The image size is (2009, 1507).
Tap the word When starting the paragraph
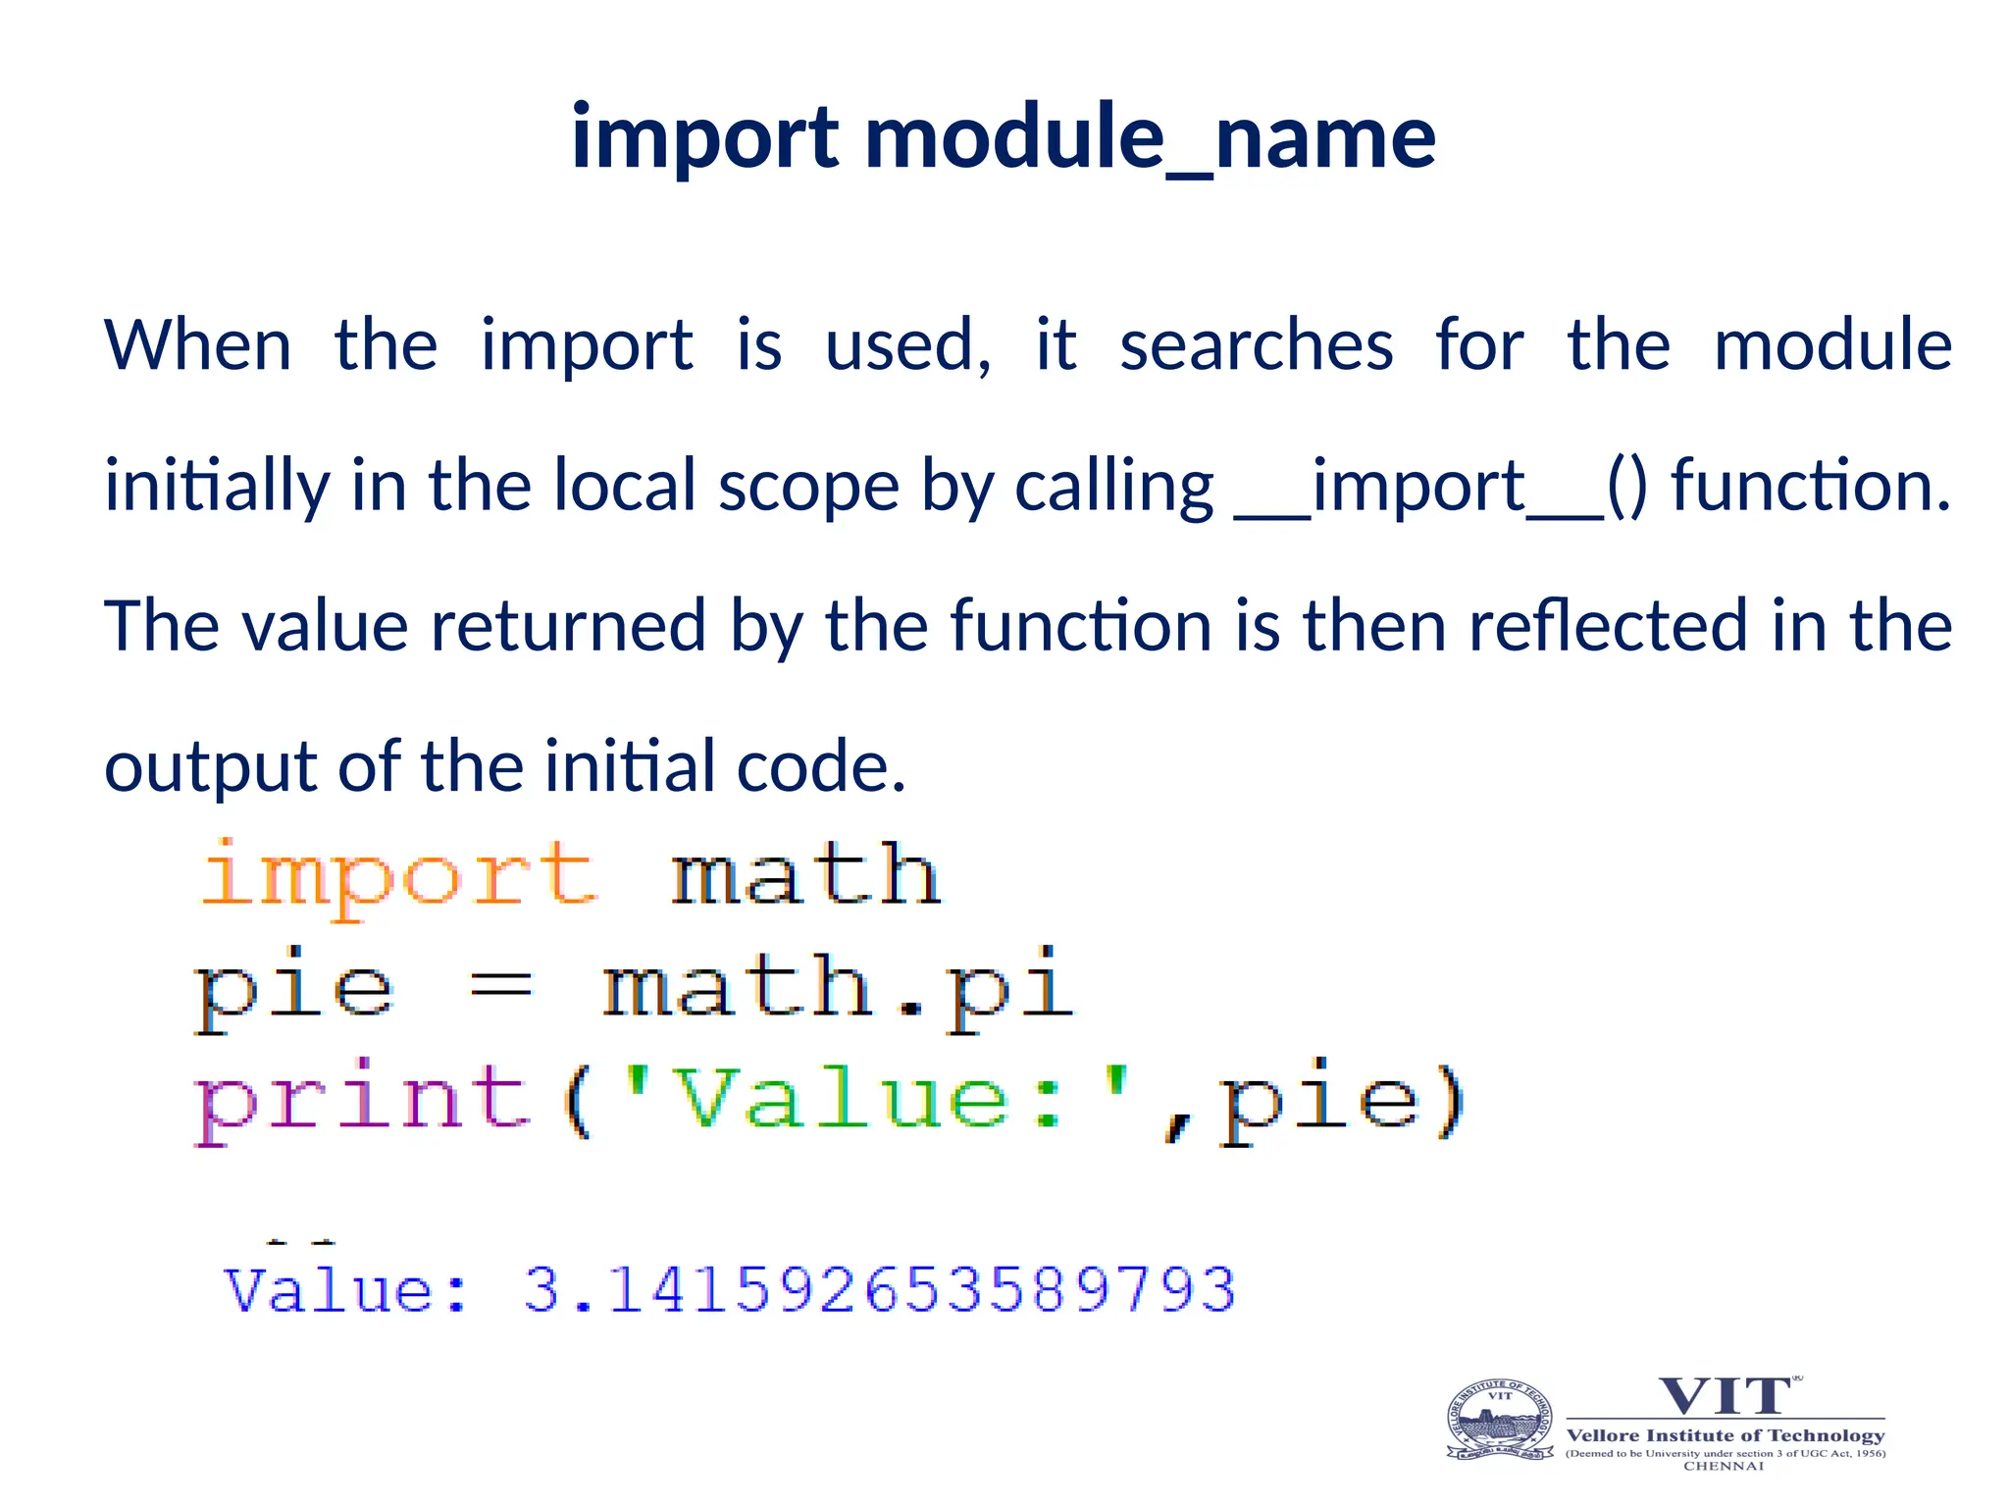click(198, 345)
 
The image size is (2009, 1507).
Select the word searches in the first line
click(1257, 345)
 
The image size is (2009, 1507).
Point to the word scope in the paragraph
click(808, 487)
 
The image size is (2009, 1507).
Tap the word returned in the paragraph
click(568, 626)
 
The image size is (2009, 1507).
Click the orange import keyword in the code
click(397, 875)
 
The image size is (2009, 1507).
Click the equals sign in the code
click(501, 987)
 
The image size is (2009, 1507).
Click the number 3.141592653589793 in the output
click(879, 1289)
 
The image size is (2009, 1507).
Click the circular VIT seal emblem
click(1500, 1421)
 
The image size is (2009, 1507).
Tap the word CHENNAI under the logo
click(1724, 1467)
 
